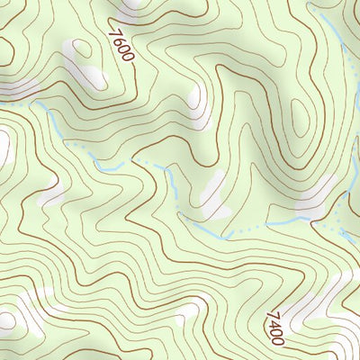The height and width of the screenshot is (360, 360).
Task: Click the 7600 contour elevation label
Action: (x=121, y=45)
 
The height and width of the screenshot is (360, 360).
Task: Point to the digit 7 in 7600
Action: (x=113, y=33)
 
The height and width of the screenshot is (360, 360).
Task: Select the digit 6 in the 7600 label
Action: (x=118, y=41)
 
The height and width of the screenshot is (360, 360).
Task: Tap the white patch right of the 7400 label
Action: (x=319, y=301)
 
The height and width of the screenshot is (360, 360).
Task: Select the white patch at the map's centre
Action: (x=211, y=193)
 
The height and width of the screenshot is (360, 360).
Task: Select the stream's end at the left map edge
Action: (x=3, y=104)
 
